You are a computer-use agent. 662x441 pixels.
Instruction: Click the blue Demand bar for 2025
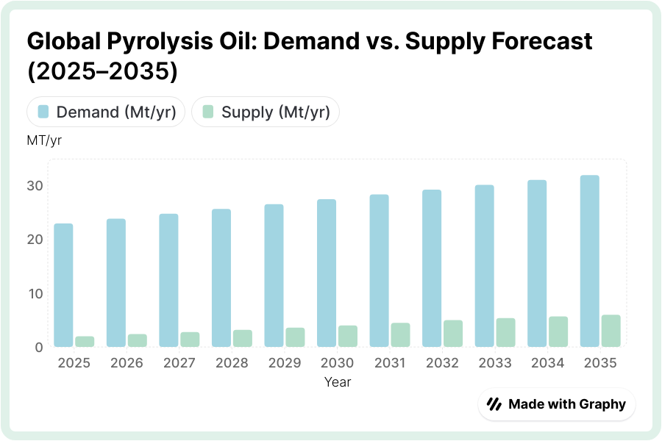[63, 285]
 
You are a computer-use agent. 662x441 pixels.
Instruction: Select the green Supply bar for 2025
[85, 342]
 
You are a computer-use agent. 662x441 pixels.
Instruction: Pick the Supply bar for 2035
[611, 331]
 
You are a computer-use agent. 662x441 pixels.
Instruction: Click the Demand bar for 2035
[590, 261]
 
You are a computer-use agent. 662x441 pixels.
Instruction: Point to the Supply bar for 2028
[243, 338]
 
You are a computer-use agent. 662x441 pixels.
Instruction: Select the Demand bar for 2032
[432, 268]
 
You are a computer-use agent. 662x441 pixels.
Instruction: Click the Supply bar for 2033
[506, 332]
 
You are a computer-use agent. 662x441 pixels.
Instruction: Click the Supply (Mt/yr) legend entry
[266, 112]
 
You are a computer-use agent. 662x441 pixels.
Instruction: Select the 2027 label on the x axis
[179, 363]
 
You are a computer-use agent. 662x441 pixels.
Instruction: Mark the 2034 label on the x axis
[548, 363]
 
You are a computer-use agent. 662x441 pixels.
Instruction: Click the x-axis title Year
[338, 382]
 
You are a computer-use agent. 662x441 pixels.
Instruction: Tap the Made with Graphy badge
[557, 404]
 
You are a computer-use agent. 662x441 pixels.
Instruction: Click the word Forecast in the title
[535, 41]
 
